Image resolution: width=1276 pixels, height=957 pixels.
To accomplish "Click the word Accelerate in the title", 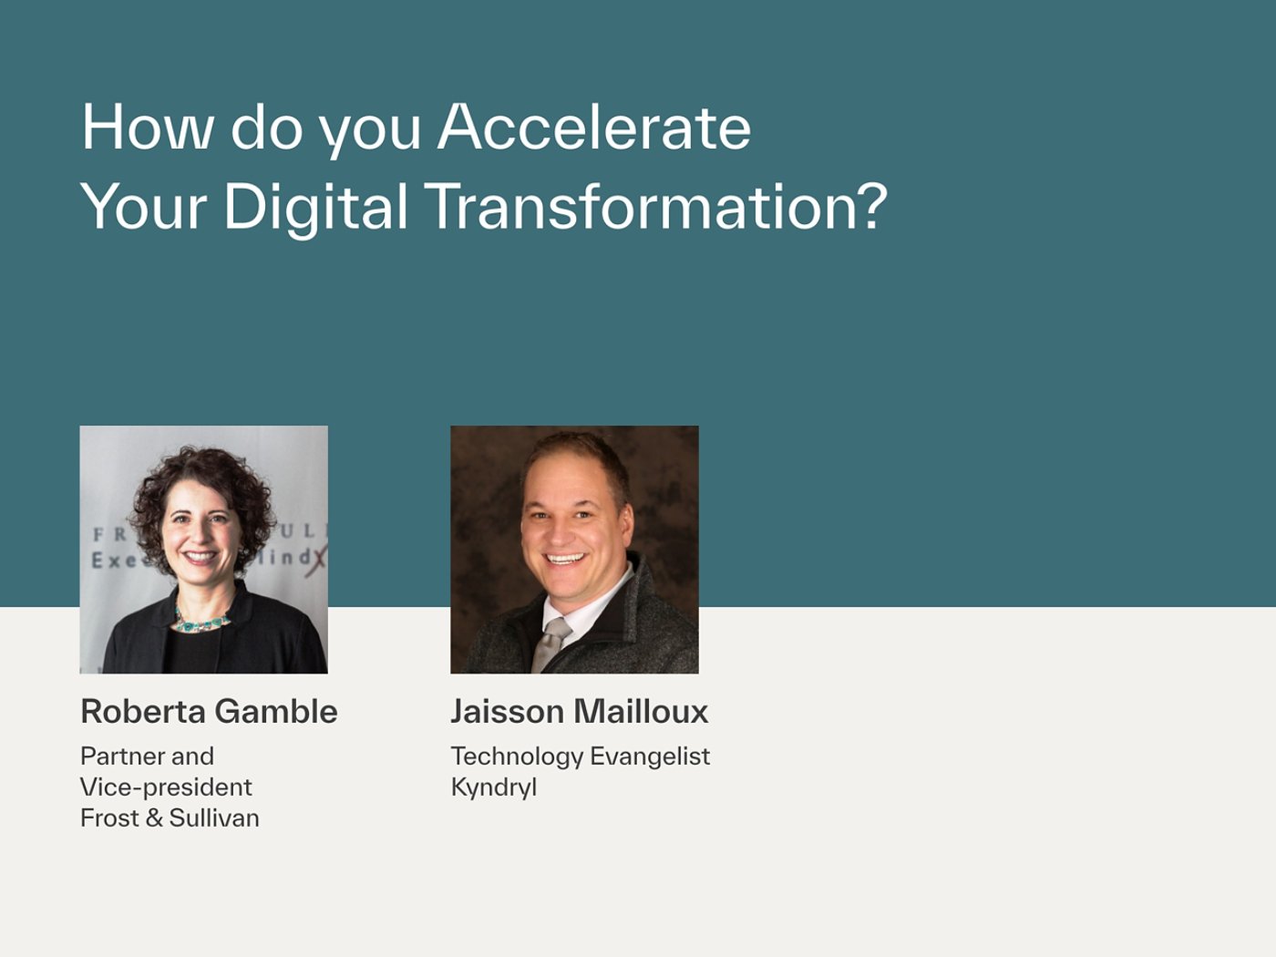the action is pos(594,128).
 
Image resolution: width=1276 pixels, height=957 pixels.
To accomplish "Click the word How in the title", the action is pos(148,128).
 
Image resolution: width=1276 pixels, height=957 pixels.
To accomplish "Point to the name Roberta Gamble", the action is pos(209,711).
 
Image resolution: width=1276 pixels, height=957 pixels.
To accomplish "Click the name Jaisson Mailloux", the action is pos(580,711).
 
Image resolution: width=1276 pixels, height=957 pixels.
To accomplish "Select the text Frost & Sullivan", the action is pos(170,818).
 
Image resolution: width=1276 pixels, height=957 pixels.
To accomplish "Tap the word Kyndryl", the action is pos(494,787).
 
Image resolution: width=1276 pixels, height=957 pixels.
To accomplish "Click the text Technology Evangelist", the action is pos(581,756).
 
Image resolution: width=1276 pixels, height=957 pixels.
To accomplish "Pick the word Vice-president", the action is pos(166,787).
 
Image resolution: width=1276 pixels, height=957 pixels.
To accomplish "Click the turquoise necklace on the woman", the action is pos(201,623).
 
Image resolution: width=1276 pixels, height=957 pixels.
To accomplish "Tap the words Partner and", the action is pos(147,756).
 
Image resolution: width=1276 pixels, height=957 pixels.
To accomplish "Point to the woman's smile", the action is pos(201,557).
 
